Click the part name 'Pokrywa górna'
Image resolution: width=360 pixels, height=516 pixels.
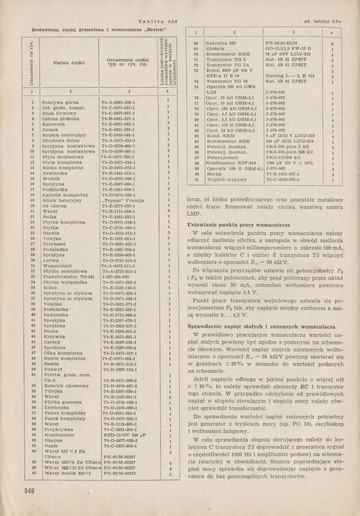[60, 102]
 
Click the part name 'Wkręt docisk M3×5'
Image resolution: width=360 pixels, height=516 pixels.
[68, 473]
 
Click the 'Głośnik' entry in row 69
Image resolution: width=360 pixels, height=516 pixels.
[216, 49]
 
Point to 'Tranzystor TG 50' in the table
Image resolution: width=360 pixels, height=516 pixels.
[227, 81]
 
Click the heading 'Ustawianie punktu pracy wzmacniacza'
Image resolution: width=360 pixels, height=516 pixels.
[238, 225]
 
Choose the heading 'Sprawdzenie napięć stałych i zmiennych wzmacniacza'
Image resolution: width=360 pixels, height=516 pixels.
[261, 326]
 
